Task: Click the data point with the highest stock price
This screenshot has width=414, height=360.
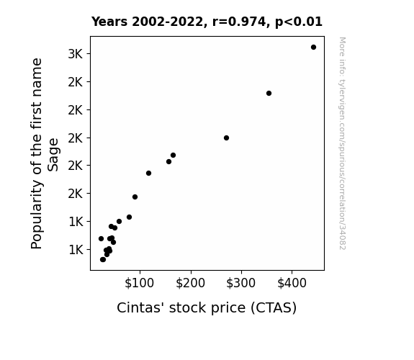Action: [313, 48]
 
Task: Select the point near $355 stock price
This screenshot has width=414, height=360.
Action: [269, 93]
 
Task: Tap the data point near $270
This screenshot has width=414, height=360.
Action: [226, 138]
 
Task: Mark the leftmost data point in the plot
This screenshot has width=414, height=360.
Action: [101, 239]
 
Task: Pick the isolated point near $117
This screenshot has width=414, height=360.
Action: [148, 174]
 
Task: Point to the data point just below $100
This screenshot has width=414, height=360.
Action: [135, 197]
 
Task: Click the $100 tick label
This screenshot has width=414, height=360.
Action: [140, 283]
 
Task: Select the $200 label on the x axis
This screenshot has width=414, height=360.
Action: [190, 283]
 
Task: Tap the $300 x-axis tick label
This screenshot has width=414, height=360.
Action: [240, 283]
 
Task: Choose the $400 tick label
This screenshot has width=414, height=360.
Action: [292, 283]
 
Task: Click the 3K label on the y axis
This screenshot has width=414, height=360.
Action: [76, 54]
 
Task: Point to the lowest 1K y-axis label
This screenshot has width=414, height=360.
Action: [76, 250]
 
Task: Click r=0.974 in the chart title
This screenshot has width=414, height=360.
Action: [240, 22]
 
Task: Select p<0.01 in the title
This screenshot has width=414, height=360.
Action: [299, 22]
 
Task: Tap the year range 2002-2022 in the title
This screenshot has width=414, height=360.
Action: [168, 22]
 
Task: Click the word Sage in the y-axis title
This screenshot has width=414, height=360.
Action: [53, 155]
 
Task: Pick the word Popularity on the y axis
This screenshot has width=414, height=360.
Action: [37, 215]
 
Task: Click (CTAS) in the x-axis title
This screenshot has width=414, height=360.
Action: [274, 308]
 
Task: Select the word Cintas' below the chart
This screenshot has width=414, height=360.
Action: [139, 307]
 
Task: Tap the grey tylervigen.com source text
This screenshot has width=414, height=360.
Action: [343, 143]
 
